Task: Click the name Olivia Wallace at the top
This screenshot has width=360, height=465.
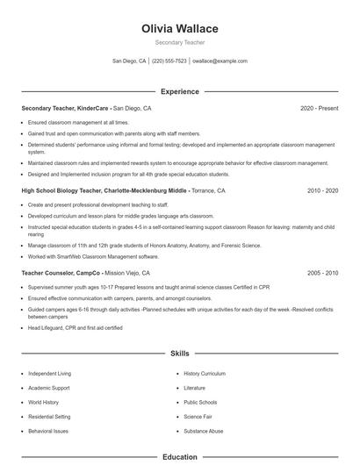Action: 180,29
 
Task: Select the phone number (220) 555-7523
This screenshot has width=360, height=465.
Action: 169,61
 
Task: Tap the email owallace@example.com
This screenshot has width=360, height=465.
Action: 220,61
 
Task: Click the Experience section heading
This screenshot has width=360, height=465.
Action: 180,91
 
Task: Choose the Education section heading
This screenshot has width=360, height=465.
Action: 180,457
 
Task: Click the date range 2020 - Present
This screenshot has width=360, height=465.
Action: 319,108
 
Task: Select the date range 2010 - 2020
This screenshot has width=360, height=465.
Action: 322,190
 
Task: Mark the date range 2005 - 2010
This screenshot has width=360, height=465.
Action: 322,273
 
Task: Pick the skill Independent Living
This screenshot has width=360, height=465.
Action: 50,374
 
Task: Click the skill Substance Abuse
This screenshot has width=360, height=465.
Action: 204,431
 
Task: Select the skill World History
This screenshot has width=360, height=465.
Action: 43,402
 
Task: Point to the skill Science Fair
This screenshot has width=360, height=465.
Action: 199,417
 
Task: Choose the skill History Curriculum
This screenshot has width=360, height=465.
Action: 205,374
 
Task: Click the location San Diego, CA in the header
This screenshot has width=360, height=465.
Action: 129,61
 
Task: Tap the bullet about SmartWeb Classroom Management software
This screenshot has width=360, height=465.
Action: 93,256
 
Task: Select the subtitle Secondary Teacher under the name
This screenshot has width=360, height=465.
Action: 180,42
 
